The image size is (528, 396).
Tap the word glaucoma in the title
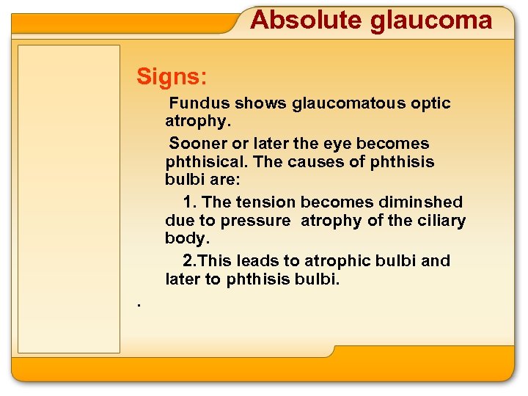(431, 20)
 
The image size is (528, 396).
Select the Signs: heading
(172, 76)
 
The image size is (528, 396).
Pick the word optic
(432, 103)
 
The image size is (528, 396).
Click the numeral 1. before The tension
(190, 202)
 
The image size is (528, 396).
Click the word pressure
(255, 221)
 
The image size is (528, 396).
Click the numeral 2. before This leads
(190, 260)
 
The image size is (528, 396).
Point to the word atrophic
(338, 260)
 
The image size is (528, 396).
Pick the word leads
(258, 260)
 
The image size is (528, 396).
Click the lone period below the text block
(137, 304)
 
